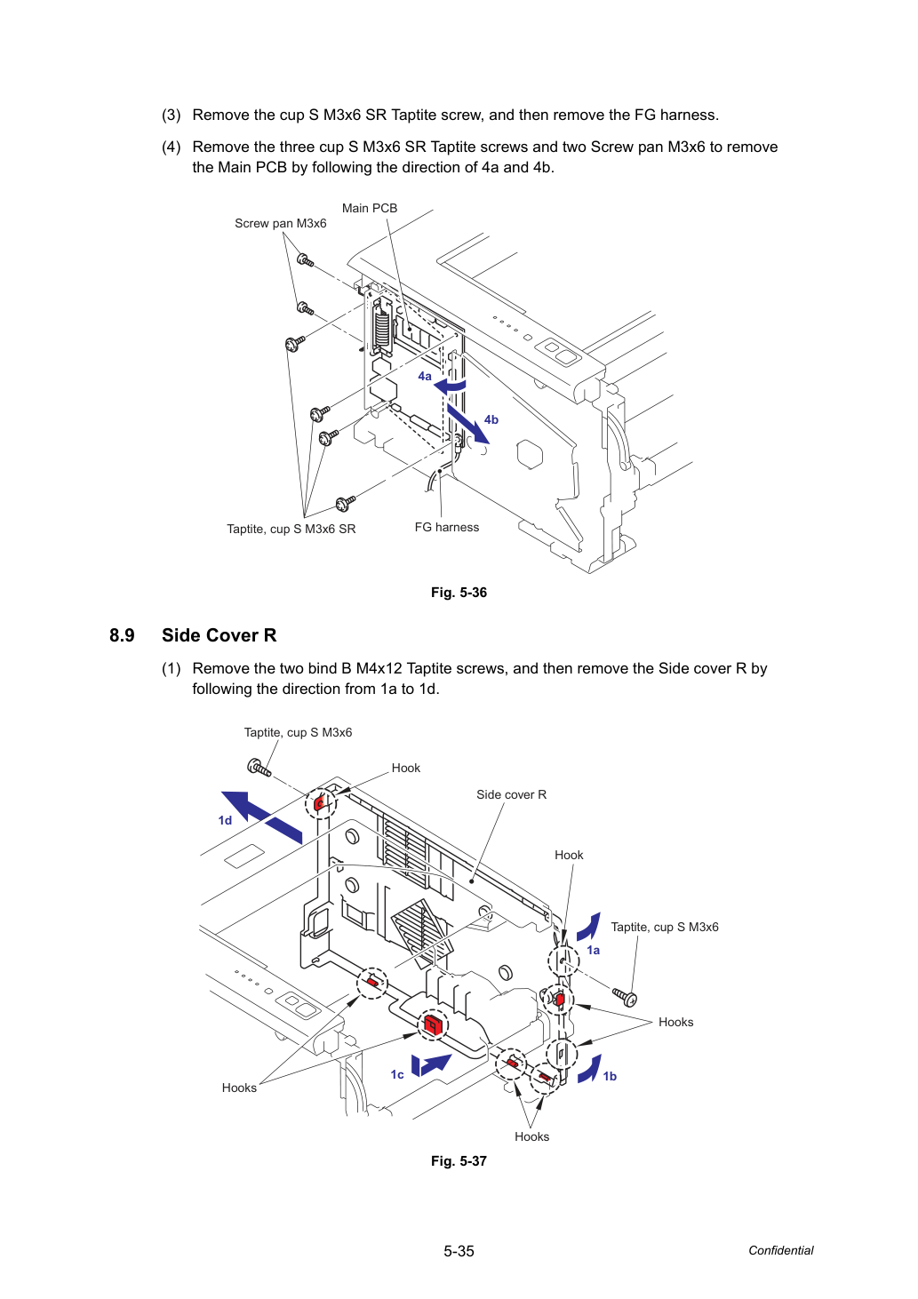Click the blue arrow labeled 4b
tap(467, 423)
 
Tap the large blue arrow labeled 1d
tap(261, 816)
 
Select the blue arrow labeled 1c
tap(430, 1064)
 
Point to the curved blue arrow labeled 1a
tap(589, 927)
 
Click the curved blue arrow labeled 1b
tap(590, 1069)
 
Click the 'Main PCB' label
tap(370, 208)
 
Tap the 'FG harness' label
tap(446, 527)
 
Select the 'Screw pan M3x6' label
tap(280, 223)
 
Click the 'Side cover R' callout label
tap(511, 794)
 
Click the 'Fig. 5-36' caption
tap(459, 592)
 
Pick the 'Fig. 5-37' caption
tap(459, 1160)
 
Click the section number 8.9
tap(122, 635)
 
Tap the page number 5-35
tap(459, 1251)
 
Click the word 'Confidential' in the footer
tap(780, 1250)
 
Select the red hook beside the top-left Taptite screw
tap(319, 804)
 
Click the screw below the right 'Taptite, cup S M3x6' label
tap(625, 996)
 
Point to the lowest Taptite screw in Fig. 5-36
tap(345, 504)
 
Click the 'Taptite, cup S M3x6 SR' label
tap(291, 529)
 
